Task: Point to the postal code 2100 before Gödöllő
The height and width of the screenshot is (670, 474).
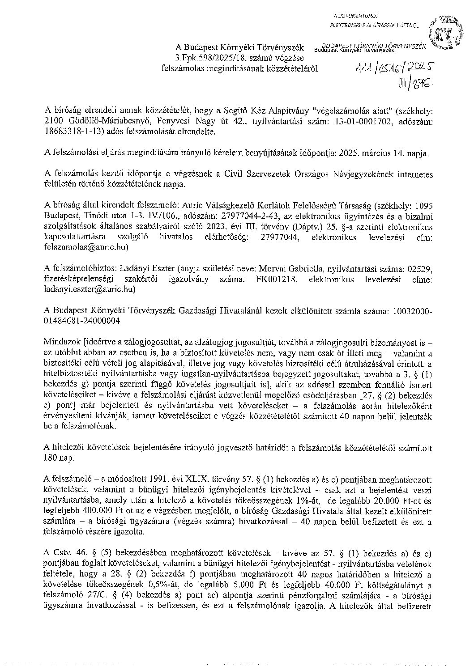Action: [x=54, y=121]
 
